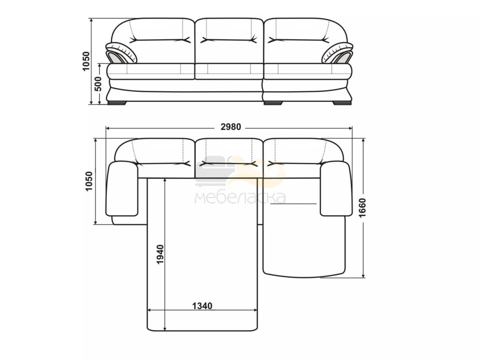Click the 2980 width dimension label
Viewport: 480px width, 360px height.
coord(231,127)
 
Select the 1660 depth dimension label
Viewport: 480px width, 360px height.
coord(362,208)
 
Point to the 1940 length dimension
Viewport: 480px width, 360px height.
coord(160,255)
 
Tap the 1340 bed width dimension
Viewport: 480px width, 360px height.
coord(202,306)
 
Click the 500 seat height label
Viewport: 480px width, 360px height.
coord(97,84)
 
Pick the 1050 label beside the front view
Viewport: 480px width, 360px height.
coord(86,61)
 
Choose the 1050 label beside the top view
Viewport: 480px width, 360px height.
coord(89,181)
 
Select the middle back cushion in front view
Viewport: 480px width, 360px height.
coord(229,41)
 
